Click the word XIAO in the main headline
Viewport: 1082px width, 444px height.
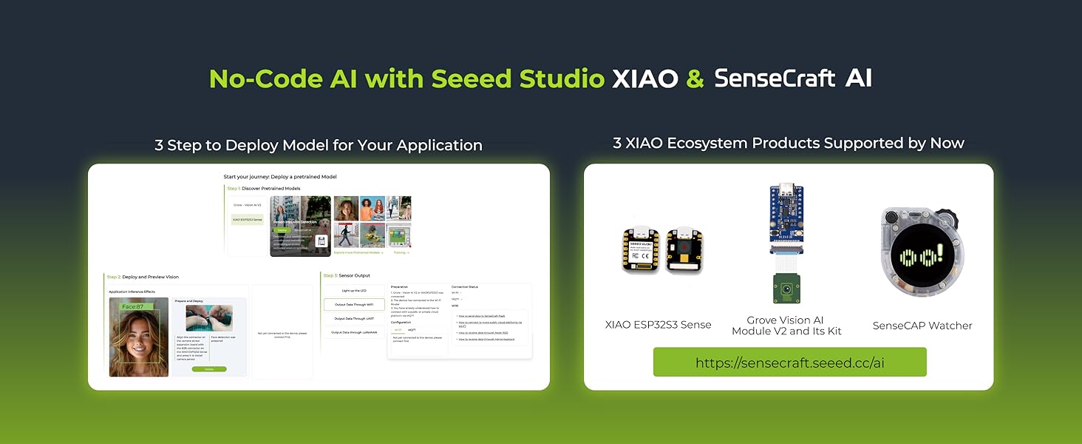(644, 78)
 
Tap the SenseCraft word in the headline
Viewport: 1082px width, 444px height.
(775, 78)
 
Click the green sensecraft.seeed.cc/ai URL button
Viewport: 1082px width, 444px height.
(789, 363)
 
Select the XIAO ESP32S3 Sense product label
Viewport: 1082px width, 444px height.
(658, 325)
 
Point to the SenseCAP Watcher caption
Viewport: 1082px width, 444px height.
(922, 326)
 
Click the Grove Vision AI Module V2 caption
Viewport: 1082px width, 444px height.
(786, 326)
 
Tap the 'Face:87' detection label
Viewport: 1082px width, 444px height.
(133, 306)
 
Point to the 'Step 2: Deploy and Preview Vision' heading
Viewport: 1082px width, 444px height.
(143, 277)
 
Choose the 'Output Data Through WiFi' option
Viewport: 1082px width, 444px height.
(354, 304)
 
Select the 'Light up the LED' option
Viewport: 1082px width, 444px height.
(354, 291)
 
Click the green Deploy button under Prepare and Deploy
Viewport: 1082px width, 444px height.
(208, 369)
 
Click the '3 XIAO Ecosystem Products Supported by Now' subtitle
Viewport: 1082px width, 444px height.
(788, 144)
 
